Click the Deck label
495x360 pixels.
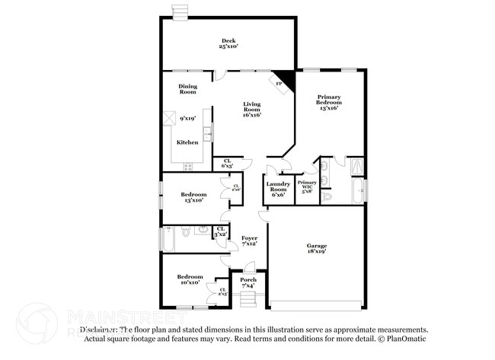click(x=228, y=43)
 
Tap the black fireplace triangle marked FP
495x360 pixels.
click(x=283, y=81)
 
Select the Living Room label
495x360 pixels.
click(x=252, y=110)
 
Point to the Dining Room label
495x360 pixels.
click(x=187, y=89)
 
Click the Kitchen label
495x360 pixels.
click(x=187, y=142)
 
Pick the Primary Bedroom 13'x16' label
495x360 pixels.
click(x=328, y=102)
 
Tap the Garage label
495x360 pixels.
click(x=316, y=249)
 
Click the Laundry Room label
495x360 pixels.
click(x=277, y=188)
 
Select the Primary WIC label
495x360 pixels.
click(x=307, y=186)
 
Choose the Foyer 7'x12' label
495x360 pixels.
click(x=249, y=241)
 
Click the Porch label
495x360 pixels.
click(x=248, y=282)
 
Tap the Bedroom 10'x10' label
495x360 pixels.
click(x=189, y=279)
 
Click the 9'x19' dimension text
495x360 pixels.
click(x=187, y=119)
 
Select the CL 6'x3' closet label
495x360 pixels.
click(x=227, y=163)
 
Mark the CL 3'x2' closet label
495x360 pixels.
click(x=221, y=231)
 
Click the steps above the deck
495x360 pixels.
click(x=180, y=11)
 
